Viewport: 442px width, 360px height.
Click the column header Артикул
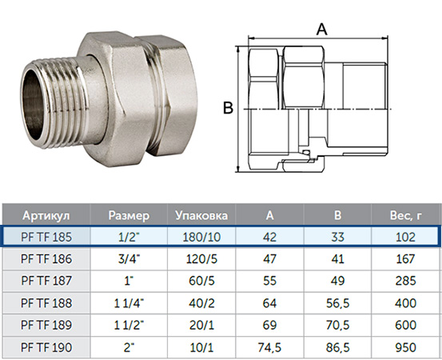[46, 215]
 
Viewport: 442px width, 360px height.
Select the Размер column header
[129, 215]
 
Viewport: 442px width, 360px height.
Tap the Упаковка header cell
[201, 215]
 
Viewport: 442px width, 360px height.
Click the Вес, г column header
[406, 215]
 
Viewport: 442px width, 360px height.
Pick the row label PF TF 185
[46, 237]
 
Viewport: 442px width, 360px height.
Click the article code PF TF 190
[46, 347]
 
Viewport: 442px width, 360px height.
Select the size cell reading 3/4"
[129, 258]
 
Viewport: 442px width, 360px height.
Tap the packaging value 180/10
[201, 237]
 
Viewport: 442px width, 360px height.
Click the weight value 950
[406, 347]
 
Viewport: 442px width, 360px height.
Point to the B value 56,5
[338, 303]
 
